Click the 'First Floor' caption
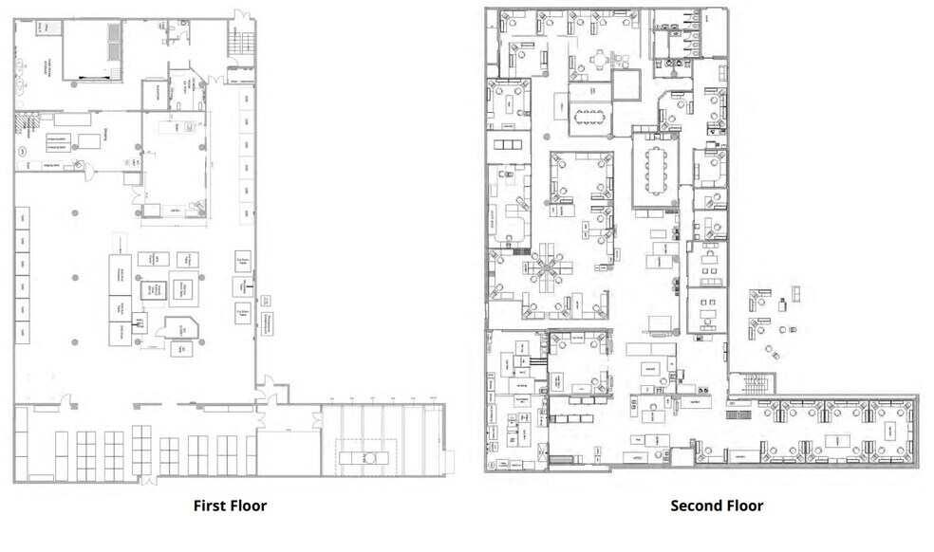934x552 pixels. [x=231, y=506]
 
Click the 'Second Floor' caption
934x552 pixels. [x=717, y=506]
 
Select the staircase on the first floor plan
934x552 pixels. [x=243, y=42]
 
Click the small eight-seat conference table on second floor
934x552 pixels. [x=589, y=118]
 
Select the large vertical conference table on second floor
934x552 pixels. [x=656, y=168]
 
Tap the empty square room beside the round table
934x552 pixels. [x=627, y=86]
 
